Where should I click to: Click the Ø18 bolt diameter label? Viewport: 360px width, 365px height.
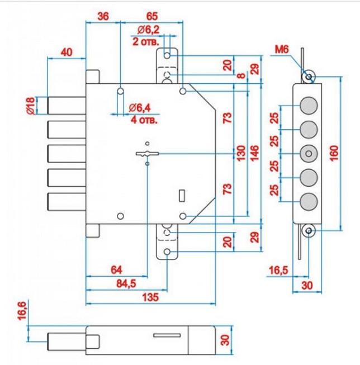pyautogui.click(x=31, y=106)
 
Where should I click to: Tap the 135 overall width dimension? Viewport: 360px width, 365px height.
pyautogui.click(x=150, y=297)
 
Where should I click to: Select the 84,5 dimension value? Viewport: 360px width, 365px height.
pyautogui.click(x=126, y=284)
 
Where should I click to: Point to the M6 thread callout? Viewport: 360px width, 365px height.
pyautogui.click(x=282, y=49)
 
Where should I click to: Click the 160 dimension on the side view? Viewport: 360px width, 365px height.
pyautogui.click(x=334, y=153)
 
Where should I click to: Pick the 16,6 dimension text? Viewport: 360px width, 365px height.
pyautogui.click(x=22, y=311)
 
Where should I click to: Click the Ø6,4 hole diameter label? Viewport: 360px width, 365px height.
pyautogui.click(x=140, y=108)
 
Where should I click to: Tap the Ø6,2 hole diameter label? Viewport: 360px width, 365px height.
pyautogui.click(x=148, y=30)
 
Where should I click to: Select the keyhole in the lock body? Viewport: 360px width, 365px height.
pyautogui.click(x=147, y=154)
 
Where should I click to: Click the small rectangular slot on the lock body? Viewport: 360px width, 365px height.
pyautogui.click(x=182, y=196)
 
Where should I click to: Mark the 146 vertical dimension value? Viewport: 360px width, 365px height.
pyautogui.click(x=255, y=153)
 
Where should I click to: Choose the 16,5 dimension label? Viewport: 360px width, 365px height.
pyautogui.click(x=278, y=271)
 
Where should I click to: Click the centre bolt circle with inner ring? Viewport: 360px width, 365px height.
pyautogui.click(x=309, y=154)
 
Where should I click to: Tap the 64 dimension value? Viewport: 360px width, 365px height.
pyautogui.click(x=116, y=270)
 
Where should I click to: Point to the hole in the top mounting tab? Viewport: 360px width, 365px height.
pyautogui.click(x=167, y=56)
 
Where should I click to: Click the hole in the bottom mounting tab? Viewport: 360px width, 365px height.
pyautogui.click(x=167, y=252)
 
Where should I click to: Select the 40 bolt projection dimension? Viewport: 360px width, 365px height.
pyautogui.click(x=67, y=52)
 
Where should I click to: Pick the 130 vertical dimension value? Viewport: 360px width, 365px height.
pyautogui.click(x=241, y=153)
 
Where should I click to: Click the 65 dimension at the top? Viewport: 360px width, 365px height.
pyautogui.click(x=152, y=16)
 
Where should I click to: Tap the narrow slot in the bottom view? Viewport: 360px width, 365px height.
pyautogui.click(x=167, y=335)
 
